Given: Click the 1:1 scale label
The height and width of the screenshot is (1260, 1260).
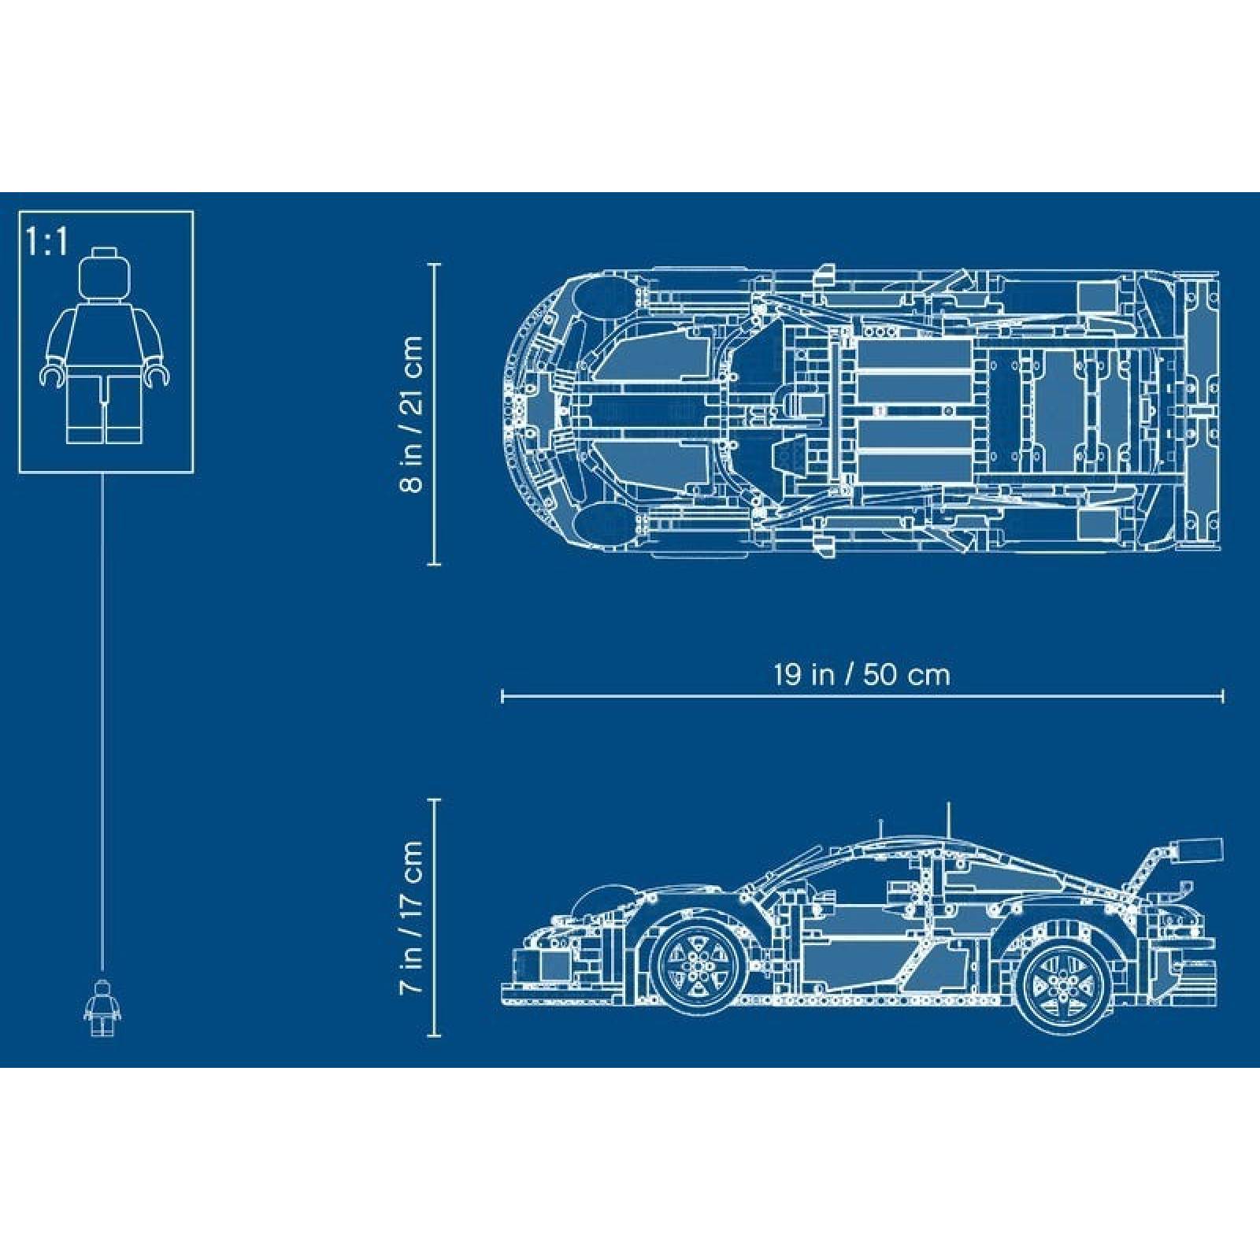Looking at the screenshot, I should pos(47,243).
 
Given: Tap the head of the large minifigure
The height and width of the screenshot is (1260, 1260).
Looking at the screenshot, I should pos(105,276).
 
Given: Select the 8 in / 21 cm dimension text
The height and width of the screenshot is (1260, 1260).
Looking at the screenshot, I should pos(411,415).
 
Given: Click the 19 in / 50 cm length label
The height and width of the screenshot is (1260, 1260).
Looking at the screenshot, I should pos(862,674).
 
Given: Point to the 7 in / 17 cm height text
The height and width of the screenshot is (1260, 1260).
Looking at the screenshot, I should pos(411,917).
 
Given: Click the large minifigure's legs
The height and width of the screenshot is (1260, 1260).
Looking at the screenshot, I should pos(105,409).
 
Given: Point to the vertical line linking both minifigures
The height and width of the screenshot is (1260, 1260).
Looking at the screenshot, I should pos(103,709).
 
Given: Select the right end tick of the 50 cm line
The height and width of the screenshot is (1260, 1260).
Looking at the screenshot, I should pos(1222,696).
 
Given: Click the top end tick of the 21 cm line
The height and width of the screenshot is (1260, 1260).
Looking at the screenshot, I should pos(433,265).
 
